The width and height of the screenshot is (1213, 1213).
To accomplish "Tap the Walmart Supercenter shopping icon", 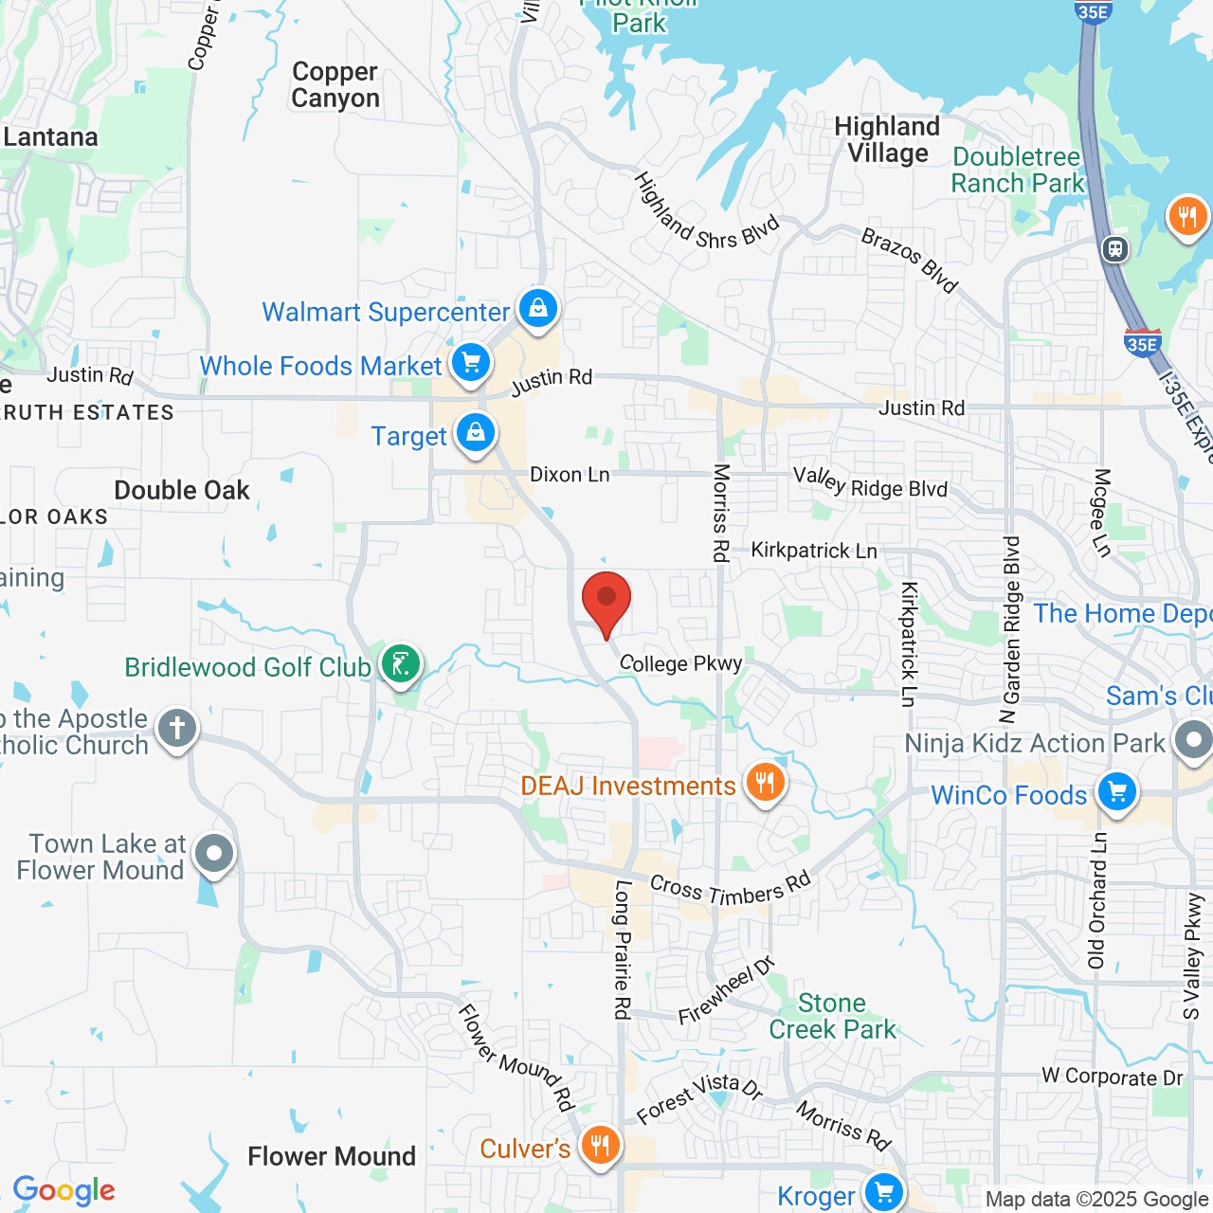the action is click(x=538, y=309).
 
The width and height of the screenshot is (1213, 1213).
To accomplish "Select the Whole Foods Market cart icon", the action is click(x=470, y=363).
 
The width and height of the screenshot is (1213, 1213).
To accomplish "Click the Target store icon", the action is click(x=476, y=433).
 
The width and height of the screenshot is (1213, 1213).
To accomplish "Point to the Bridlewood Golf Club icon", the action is click(x=401, y=663).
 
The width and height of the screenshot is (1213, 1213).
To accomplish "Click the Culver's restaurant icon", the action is click(x=600, y=1146).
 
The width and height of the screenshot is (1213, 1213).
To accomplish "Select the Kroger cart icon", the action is click(x=883, y=1192).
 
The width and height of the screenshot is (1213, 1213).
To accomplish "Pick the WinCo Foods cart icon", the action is click(x=1117, y=792).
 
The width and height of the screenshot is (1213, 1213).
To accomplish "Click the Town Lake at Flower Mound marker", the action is click(x=214, y=854).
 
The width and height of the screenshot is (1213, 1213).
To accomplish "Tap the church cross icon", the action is click(x=177, y=729).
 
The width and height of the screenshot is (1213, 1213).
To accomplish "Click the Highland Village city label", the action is click(x=887, y=140).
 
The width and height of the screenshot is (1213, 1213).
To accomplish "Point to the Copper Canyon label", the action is click(x=335, y=85).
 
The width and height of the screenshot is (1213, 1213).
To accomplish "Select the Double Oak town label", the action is click(x=182, y=490).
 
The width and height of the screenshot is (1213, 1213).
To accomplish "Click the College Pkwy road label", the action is click(x=680, y=662).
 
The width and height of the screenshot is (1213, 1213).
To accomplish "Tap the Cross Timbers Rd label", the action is click(x=731, y=890).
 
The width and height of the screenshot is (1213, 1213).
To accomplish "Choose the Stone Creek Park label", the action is click(x=832, y=1016).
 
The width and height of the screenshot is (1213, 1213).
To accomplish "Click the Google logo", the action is click(x=64, y=1190).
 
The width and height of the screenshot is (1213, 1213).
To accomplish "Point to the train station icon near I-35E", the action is click(x=1115, y=248).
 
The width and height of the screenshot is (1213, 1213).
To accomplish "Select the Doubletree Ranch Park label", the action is click(x=1017, y=170).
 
